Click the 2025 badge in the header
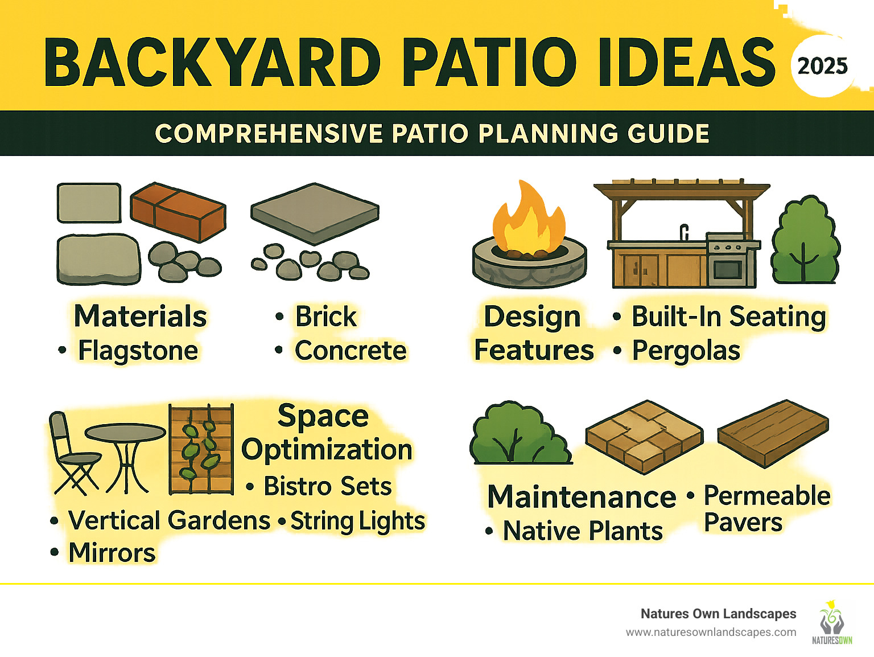click(x=822, y=66)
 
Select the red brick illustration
click(x=178, y=211)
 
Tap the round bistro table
click(x=126, y=450)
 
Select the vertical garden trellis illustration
click(x=201, y=449)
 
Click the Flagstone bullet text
click(x=138, y=351)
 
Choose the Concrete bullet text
click(x=351, y=351)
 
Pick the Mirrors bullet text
click(x=112, y=553)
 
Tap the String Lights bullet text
click(x=358, y=521)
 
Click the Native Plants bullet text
click(x=583, y=531)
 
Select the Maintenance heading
click(x=582, y=496)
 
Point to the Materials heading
click(x=141, y=316)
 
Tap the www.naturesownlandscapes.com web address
click(x=711, y=632)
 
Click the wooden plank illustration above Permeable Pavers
click(x=773, y=433)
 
